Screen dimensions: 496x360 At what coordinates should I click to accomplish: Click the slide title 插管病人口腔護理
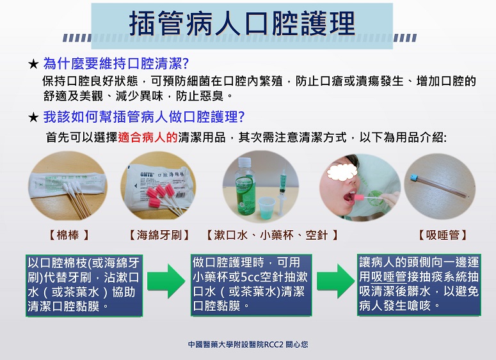pyautogui.click(x=242, y=24)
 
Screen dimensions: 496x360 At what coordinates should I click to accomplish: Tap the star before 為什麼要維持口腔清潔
pyautogui.click(x=33, y=64)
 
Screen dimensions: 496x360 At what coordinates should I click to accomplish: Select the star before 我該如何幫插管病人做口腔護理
pyautogui.click(x=33, y=118)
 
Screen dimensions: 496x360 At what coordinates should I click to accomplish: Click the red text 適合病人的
pyautogui.click(x=148, y=137)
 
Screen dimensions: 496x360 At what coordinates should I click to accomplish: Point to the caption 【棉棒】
pyautogui.click(x=68, y=235)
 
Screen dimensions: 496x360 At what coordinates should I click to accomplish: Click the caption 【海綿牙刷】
pyautogui.click(x=159, y=235)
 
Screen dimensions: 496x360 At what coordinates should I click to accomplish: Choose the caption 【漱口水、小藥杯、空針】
pyautogui.click(x=272, y=235)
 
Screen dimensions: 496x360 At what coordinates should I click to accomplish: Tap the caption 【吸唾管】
pyautogui.click(x=442, y=235)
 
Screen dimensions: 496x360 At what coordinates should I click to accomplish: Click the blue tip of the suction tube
pyautogui.click(x=414, y=178)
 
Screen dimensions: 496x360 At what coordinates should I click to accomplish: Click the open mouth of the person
pyautogui.click(x=349, y=198)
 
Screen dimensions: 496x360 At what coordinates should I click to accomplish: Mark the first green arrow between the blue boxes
pyautogui.click(x=166, y=281)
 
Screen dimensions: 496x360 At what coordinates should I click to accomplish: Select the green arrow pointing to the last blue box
pyautogui.click(x=335, y=281)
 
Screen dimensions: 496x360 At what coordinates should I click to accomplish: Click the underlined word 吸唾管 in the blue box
pyautogui.click(x=388, y=277)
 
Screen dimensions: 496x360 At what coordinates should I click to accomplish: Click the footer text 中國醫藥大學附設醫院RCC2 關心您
pyautogui.click(x=248, y=344)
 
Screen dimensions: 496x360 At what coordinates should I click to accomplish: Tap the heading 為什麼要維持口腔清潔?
pyautogui.click(x=116, y=63)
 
